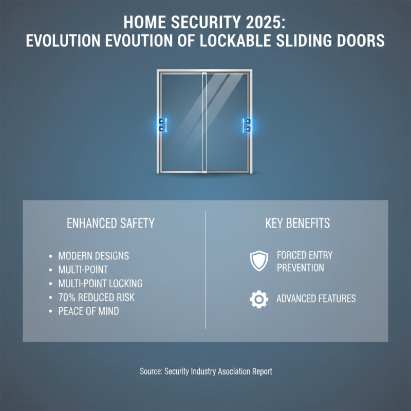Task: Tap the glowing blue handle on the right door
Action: point(247,125)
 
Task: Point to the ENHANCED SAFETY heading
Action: point(111,223)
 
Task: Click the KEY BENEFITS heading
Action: point(297,223)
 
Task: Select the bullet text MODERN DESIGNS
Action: point(94,255)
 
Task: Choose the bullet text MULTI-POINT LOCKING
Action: point(100,284)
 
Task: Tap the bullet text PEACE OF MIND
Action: point(89,311)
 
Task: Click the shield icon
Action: point(258,261)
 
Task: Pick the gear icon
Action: point(258,299)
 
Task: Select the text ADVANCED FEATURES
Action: point(316,298)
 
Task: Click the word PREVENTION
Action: point(301,268)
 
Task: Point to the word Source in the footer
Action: point(152,371)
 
